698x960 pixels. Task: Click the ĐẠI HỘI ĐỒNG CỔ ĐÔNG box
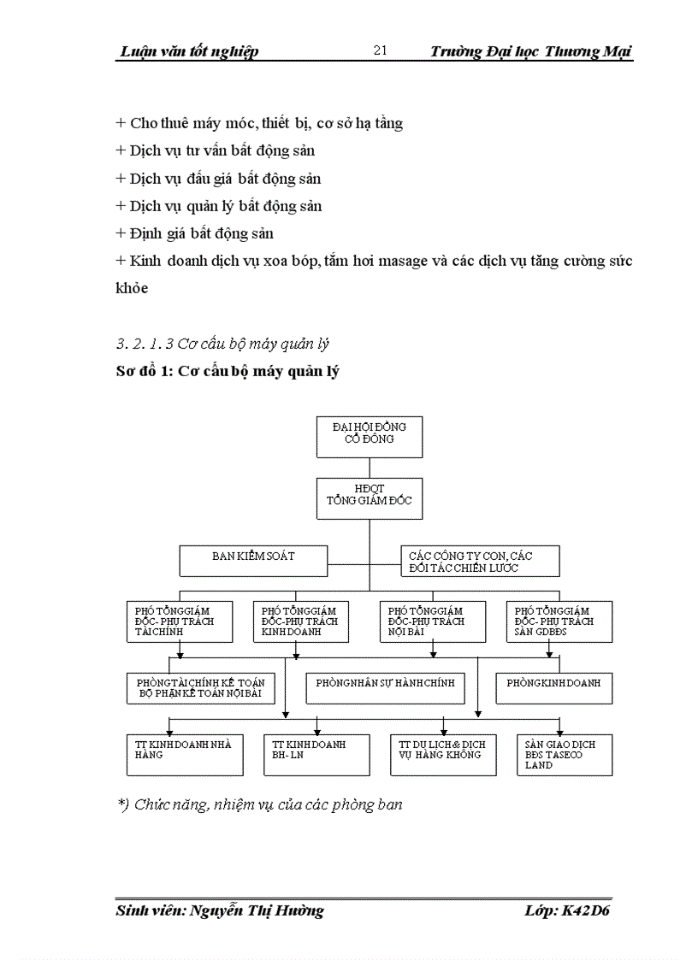(369, 437)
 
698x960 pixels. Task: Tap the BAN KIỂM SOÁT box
(253, 561)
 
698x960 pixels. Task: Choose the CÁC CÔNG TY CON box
(480, 561)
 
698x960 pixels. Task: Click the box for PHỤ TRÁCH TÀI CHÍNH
(180, 621)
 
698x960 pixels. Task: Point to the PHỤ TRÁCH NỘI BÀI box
(432, 621)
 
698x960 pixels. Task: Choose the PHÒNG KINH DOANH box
(553, 688)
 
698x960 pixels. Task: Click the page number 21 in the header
(381, 50)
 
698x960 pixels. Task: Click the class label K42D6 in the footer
(586, 910)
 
